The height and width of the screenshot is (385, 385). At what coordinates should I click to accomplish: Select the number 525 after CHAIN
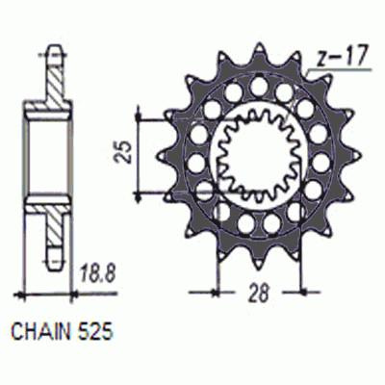coord(95,335)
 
